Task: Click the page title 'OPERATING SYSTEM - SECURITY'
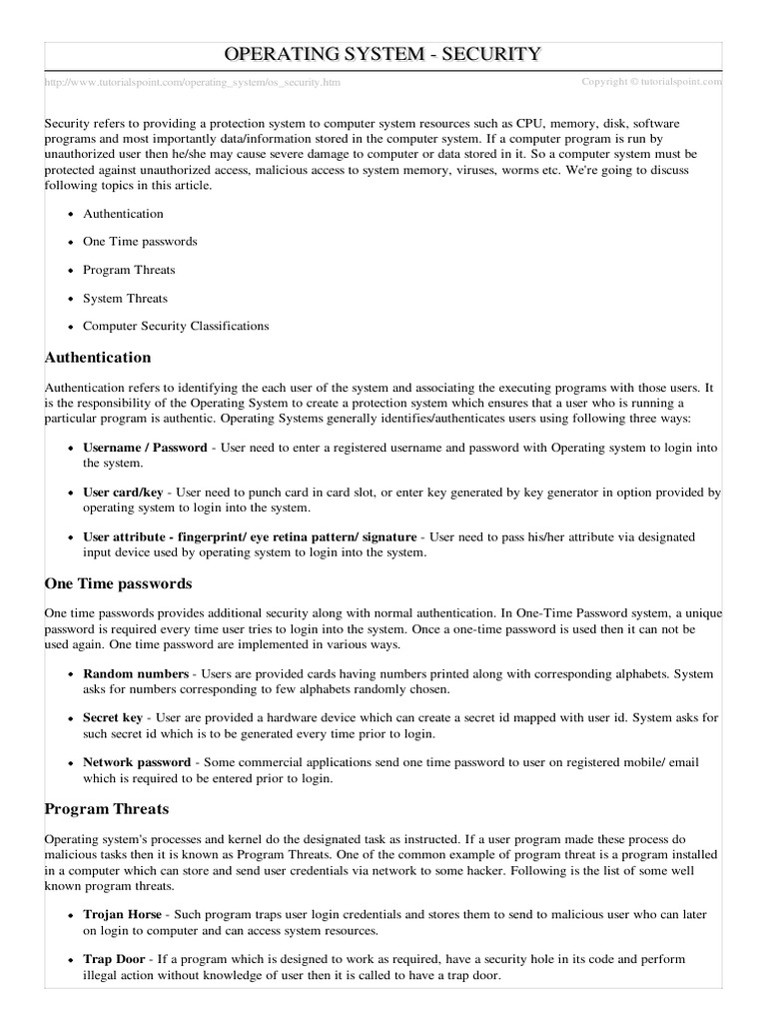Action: point(383,55)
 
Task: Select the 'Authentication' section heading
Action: point(98,358)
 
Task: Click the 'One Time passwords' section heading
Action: point(118,583)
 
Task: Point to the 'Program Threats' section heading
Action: point(107,809)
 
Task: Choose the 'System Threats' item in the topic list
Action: point(125,298)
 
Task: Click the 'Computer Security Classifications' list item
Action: point(176,326)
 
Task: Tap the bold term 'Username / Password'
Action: point(145,449)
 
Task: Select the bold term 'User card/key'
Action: point(123,493)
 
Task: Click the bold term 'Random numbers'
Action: point(135,674)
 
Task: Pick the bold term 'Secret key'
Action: point(113,718)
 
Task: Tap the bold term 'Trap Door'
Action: point(114,958)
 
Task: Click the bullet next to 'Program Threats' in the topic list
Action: point(70,271)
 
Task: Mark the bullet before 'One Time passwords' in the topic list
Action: point(70,243)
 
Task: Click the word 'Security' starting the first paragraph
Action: point(67,123)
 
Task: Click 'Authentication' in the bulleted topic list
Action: point(123,214)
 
